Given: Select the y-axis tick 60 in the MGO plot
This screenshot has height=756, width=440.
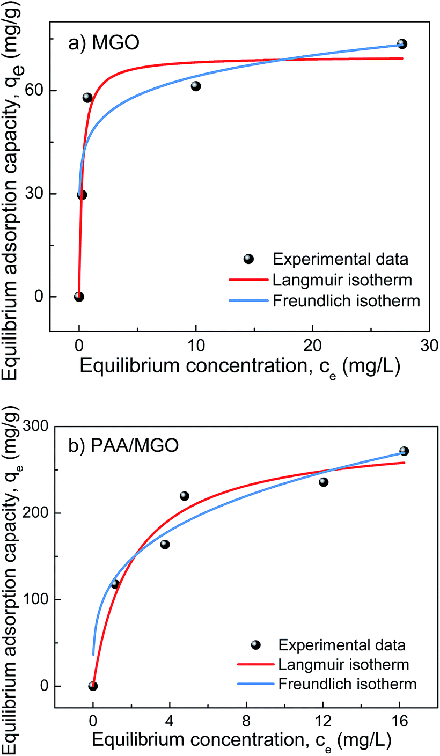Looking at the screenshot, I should click(35, 91).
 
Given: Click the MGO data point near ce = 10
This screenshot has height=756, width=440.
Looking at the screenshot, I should click(195, 86).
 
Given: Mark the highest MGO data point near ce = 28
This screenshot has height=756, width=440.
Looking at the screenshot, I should click(402, 44).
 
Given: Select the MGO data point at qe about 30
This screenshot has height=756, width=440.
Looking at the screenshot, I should click(82, 194).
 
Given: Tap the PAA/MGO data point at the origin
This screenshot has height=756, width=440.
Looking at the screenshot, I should click(93, 686).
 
